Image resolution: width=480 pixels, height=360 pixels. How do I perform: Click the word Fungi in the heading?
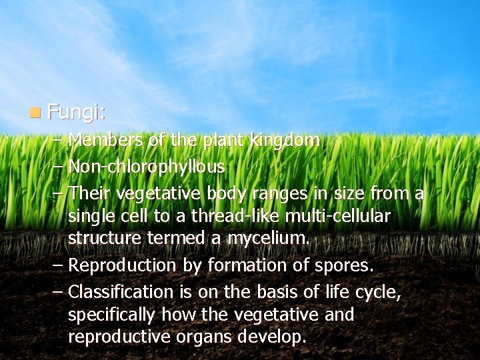coord(75,113)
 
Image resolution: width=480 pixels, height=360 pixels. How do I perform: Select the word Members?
coord(107,141)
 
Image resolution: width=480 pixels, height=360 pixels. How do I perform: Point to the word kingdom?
coord(285,141)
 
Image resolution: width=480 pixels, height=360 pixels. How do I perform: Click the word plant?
coord(223,141)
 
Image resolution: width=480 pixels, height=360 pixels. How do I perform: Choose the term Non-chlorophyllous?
coord(147,166)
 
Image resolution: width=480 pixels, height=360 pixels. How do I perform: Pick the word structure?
coord(103,239)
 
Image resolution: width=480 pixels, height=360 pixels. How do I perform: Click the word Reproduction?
coord(122,265)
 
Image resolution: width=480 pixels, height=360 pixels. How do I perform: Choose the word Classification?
coord(121,292)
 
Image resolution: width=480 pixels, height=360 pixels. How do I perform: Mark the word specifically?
coord(110,315)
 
